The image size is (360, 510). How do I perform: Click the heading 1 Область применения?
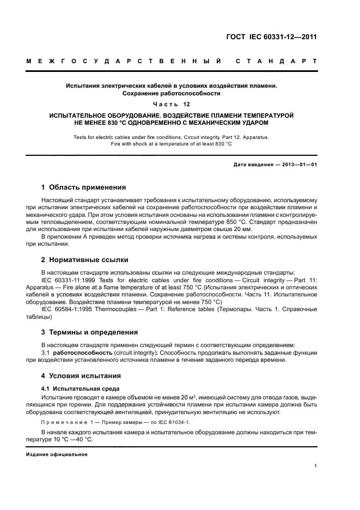coord(84,186)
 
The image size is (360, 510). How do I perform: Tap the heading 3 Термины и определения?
coord(90,331)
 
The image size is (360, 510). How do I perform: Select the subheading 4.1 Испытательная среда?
coord(81,388)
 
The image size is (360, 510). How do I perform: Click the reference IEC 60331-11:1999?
coord(68,280)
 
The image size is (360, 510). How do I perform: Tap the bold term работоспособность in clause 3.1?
coord(82,353)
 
